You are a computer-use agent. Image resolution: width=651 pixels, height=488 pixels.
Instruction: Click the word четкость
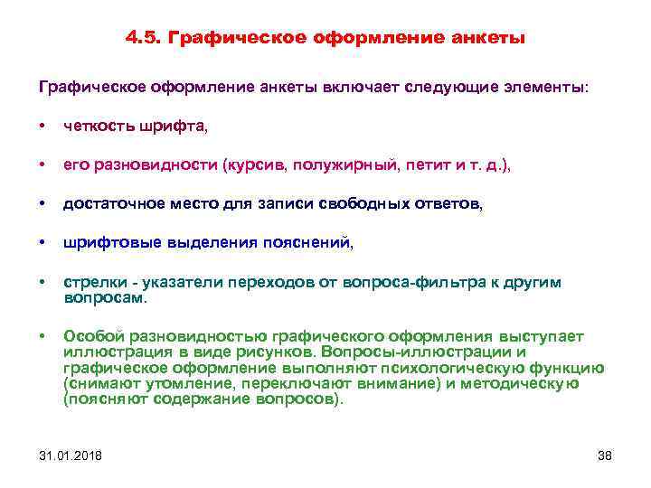tap(99, 127)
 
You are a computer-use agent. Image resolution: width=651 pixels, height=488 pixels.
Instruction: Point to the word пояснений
tap(318, 243)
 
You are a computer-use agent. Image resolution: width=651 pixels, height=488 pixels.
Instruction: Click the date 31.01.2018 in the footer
tap(71, 455)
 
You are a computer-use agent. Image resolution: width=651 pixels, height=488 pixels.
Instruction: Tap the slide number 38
tap(605, 455)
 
